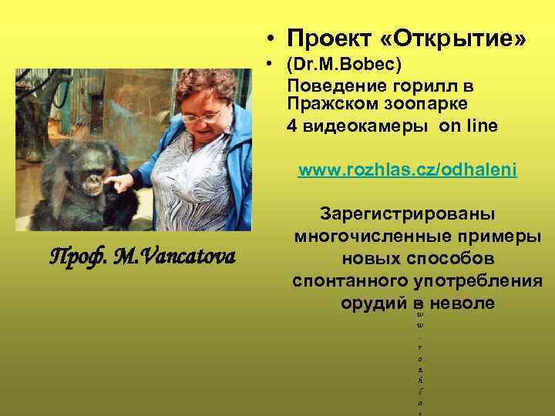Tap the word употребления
coord(478,280)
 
